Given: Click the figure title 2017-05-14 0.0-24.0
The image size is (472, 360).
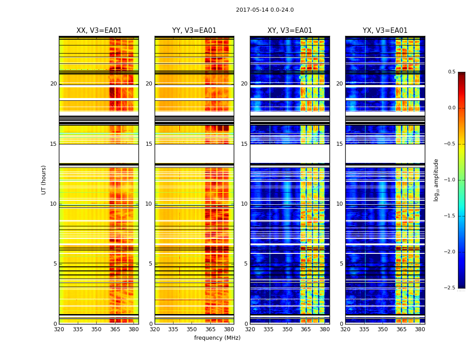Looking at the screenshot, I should tap(265, 10).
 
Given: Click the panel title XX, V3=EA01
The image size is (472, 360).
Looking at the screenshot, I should tap(99, 31).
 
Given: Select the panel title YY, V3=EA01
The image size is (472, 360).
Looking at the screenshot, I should tap(194, 31).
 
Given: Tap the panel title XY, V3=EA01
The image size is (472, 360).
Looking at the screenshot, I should tap(289, 31).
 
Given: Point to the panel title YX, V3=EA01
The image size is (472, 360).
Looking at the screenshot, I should tap(385, 31).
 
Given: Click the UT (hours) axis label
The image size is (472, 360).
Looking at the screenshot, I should tap(44, 180).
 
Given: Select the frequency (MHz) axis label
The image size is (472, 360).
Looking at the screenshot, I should tap(217, 338).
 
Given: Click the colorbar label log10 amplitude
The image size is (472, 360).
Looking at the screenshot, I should tap(436, 180).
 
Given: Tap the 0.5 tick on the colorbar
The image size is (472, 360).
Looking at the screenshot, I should tap(451, 72).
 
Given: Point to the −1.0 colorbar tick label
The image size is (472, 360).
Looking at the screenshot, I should tap(450, 180).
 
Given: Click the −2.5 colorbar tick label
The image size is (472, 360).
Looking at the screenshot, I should tap(450, 288).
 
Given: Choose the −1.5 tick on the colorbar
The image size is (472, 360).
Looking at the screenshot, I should tap(450, 216).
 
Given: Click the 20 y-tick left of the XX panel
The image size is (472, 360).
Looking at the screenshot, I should tap(53, 84).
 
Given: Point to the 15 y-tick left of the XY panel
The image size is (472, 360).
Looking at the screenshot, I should tap(244, 144).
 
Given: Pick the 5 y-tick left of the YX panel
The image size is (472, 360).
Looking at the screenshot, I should tap(341, 264).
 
